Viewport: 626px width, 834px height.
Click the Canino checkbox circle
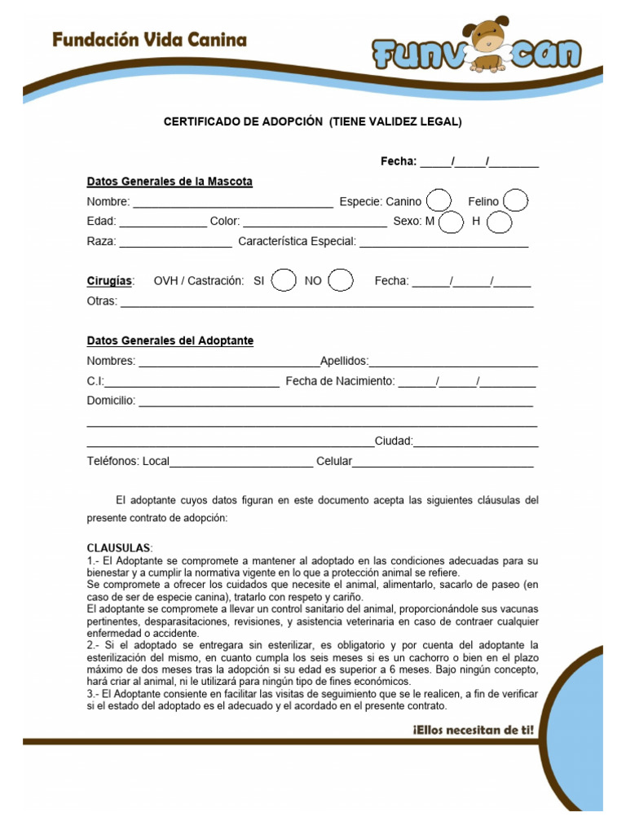439,200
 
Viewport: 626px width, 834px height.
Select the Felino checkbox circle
516,200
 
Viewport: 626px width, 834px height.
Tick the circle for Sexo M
451,222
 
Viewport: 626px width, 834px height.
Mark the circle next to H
500,222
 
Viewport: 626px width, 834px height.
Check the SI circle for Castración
284,280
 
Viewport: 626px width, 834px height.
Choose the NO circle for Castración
340,280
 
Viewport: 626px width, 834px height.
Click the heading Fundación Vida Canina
149,39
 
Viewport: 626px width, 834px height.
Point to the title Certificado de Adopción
312,122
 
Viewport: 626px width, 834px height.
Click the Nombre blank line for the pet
232,203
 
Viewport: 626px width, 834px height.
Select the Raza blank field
175,243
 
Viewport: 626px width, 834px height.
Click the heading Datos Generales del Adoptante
170,340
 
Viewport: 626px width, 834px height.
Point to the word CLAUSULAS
119,547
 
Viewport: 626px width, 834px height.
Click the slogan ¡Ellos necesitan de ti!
474,731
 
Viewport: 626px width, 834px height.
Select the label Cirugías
110,281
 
